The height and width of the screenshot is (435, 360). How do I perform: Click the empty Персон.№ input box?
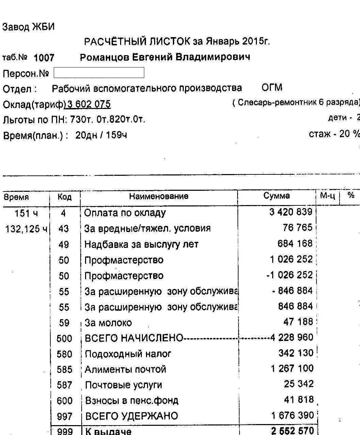click(x=99, y=73)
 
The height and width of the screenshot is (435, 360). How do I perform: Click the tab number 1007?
click(x=44, y=58)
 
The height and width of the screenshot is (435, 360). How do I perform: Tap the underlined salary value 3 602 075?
click(x=89, y=104)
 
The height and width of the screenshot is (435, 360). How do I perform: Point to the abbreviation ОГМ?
click(x=272, y=88)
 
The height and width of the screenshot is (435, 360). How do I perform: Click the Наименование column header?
click(x=159, y=197)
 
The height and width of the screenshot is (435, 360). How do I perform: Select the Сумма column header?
click(x=276, y=196)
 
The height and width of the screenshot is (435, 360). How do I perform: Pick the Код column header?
click(x=64, y=197)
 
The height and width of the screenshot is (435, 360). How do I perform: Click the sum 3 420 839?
click(x=291, y=212)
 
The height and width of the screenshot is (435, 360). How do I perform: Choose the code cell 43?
click(x=64, y=229)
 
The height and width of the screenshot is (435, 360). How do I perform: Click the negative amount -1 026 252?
click(x=289, y=275)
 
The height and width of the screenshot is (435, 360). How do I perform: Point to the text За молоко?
click(x=108, y=323)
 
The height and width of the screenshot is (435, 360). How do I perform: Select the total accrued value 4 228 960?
click(x=292, y=338)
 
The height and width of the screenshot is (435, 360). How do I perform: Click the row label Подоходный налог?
click(x=128, y=354)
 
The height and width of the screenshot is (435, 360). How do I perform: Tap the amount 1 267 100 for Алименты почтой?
click(x=292, y=369)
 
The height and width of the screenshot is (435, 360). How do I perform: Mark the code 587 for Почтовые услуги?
click(x=64, y=385)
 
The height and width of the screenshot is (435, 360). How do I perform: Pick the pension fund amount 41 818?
click(x=298, y=400)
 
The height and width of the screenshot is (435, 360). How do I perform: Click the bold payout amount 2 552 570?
click(x=292, y=431)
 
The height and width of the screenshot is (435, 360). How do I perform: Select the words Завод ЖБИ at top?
click(x=29, y=27)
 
